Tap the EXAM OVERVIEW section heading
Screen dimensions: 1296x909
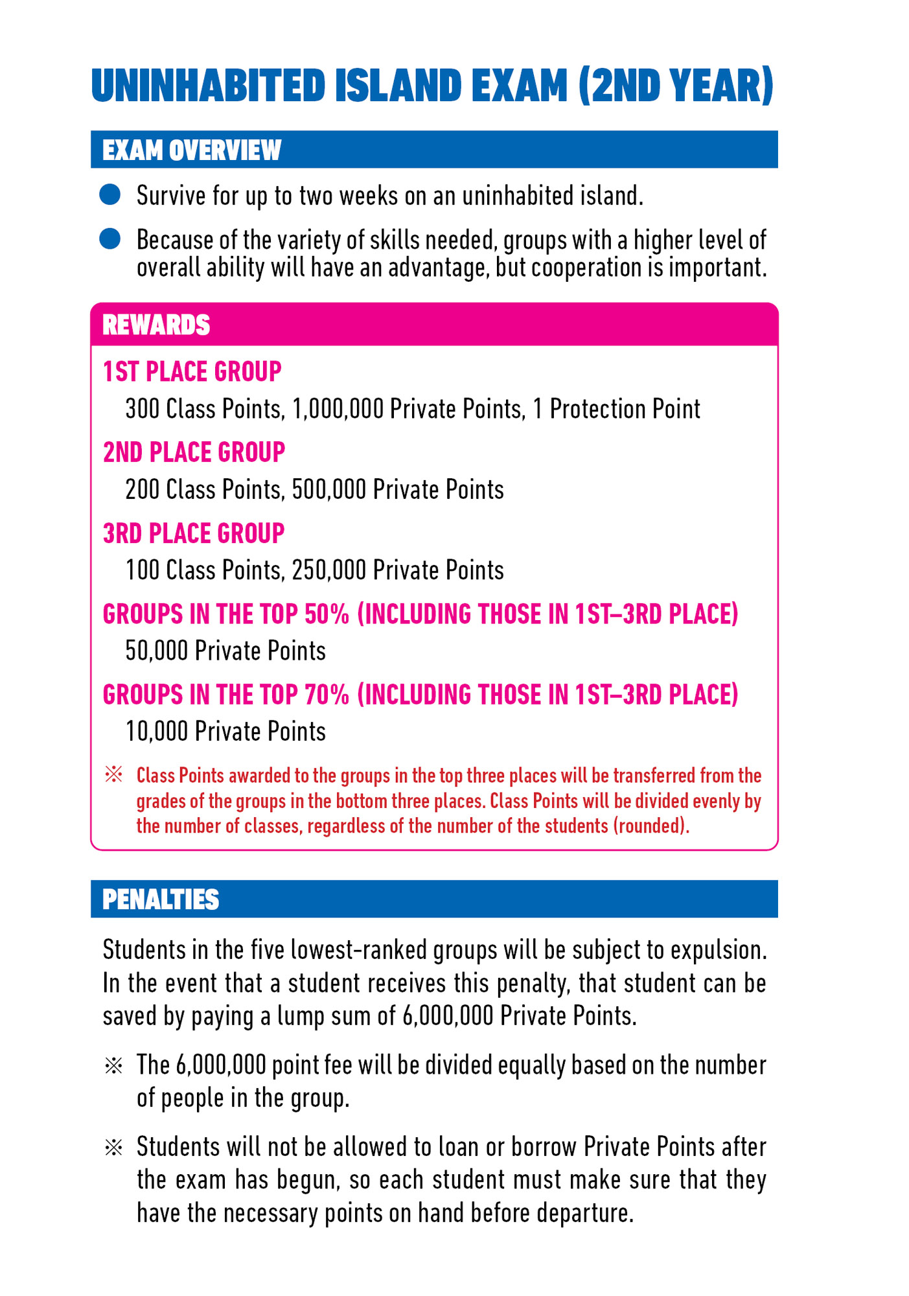(192, 150)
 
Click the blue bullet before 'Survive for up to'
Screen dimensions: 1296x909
(110, 194)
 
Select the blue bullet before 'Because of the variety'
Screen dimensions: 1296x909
(110, 238)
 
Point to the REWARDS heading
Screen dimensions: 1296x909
(156, 325)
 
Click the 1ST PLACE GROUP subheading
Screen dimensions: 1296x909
(192, 371)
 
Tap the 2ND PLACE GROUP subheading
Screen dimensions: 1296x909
(194, 452)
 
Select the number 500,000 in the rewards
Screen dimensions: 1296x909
(329, 490)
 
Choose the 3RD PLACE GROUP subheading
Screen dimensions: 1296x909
(194, 533)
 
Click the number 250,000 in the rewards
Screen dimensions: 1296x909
(329, 570)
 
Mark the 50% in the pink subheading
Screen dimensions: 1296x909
(327, 614)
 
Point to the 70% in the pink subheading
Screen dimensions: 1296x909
(327, 695)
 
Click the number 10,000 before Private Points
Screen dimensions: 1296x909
(157, 732)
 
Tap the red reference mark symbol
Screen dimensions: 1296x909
(113, 774)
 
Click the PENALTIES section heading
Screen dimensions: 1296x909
(161, 899)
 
